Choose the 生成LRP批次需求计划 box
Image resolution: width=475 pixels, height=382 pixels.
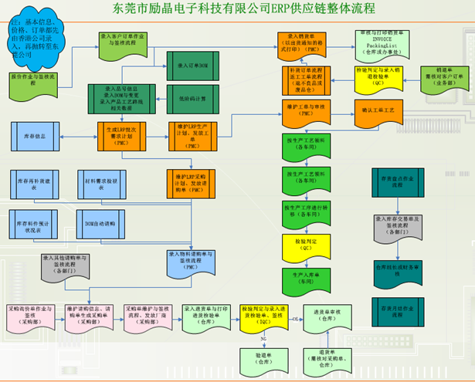122,134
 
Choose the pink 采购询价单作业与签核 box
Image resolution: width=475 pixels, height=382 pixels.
30,313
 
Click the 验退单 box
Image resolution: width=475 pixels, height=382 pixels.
264,357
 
